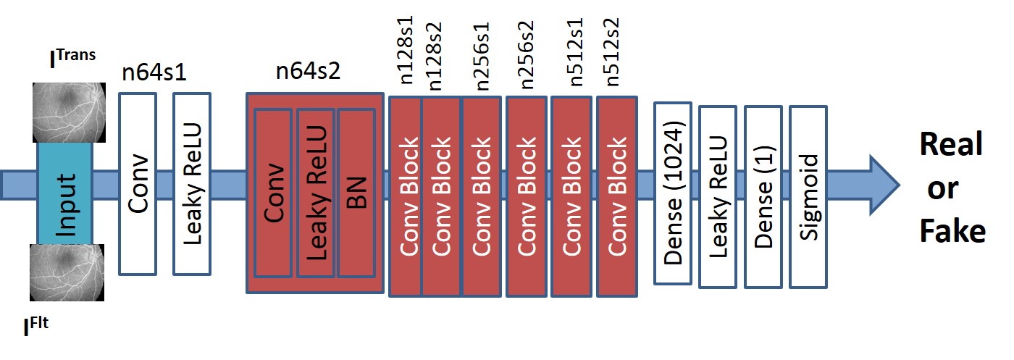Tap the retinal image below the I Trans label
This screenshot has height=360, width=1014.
(69, 113)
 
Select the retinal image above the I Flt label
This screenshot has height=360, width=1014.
(69, 272)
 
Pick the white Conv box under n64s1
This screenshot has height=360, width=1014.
(137, 183)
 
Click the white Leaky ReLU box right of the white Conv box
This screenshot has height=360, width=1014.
(192, 183)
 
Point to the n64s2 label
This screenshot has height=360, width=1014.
(308, 72)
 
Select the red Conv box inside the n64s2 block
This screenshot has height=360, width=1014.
(272, 192)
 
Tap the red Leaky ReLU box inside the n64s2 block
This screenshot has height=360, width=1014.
(315, 192)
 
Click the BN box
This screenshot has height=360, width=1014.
(357, 192)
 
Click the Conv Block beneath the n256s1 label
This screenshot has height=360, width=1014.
(481, 196)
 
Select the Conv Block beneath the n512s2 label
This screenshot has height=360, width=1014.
(617, 196)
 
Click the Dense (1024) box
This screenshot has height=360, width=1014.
(674, 193)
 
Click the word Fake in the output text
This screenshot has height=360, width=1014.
(952, 231)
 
